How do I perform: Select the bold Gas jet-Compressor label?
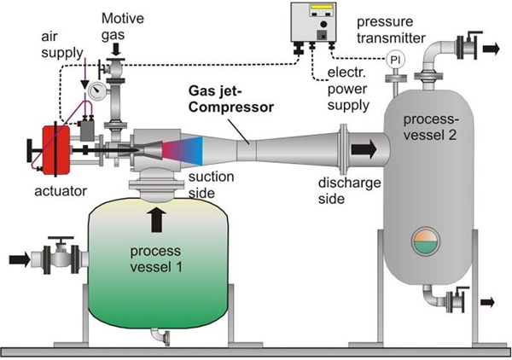pos(230,97)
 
